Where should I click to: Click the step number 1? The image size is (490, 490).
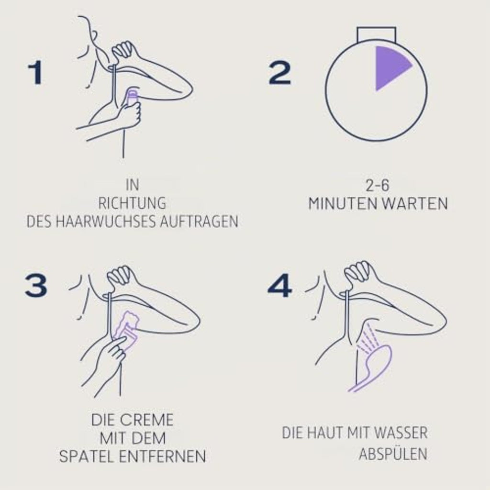[x=35, y=73]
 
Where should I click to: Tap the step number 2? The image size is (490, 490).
[x=279, y=73]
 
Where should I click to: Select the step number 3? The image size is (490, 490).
[x=36, y=286]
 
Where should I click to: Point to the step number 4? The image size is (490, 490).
[x=279, y=286]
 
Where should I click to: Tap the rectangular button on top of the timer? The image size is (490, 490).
[x=377, y=34]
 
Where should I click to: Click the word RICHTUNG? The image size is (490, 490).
[x=132, y=203]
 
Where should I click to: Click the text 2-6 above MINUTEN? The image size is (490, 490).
[x=378, y=185]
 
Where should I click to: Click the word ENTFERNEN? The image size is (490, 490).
[x=163, y=457]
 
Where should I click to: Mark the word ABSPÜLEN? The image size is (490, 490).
[x=393, y=454]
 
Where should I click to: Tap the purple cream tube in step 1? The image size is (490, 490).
[x=133, y=99]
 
